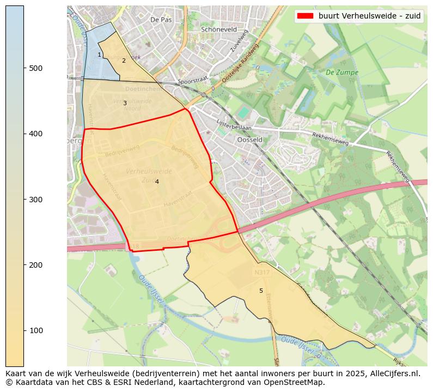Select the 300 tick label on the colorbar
coord(36,200)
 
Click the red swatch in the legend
coord(306,16)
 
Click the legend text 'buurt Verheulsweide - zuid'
coord(369,16)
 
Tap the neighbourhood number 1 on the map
coord(99,55)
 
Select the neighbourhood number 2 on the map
coord(124,61)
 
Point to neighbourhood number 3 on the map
coord(124,103)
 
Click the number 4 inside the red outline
coord(157,182)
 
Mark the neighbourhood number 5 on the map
coord(261,291)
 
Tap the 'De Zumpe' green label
coord(342,72)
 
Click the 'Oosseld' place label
coord(250,140)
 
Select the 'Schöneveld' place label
coord(219,29)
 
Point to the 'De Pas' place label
coord(161,20)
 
